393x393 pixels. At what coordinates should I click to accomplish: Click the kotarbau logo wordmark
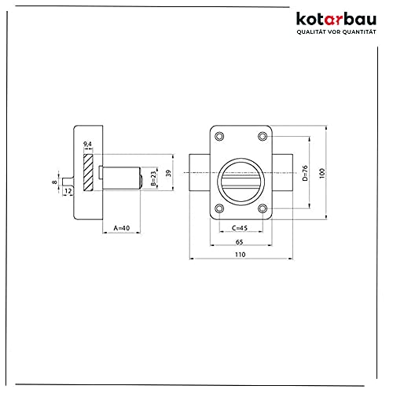click(336, 19)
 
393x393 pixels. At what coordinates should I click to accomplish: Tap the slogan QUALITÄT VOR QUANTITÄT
click(336, 32)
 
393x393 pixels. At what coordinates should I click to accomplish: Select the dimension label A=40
click(122, 228)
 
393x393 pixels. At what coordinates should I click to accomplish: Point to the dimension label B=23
click(153, 178)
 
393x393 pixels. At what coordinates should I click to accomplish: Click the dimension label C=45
click(240, 228)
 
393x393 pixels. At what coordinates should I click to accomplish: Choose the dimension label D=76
click(305, 173)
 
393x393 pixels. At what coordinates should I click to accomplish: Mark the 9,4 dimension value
click(87, 144)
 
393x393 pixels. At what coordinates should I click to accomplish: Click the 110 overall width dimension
click(241, 255)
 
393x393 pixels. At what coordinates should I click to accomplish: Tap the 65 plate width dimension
click(240, 242)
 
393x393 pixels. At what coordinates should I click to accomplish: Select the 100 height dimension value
click(322, 173)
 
